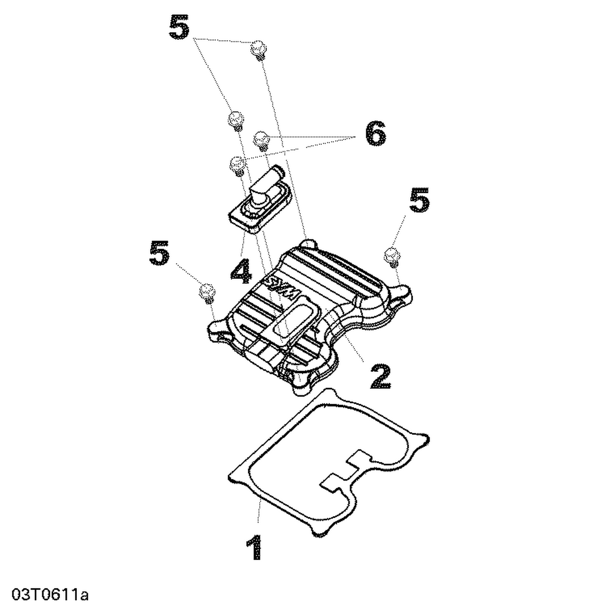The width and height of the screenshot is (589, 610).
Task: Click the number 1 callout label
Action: pos(254,547)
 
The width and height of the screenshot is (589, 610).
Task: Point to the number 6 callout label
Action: pos(375,134)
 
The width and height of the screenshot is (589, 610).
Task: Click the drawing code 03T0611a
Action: pos(50,594)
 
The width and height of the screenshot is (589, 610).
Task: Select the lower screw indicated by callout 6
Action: pos(237,165)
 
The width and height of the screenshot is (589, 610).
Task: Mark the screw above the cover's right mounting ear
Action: pos(392,256)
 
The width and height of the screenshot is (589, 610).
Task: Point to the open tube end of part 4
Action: pos(279,170)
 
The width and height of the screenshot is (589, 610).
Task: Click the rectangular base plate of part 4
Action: pos(259,208)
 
